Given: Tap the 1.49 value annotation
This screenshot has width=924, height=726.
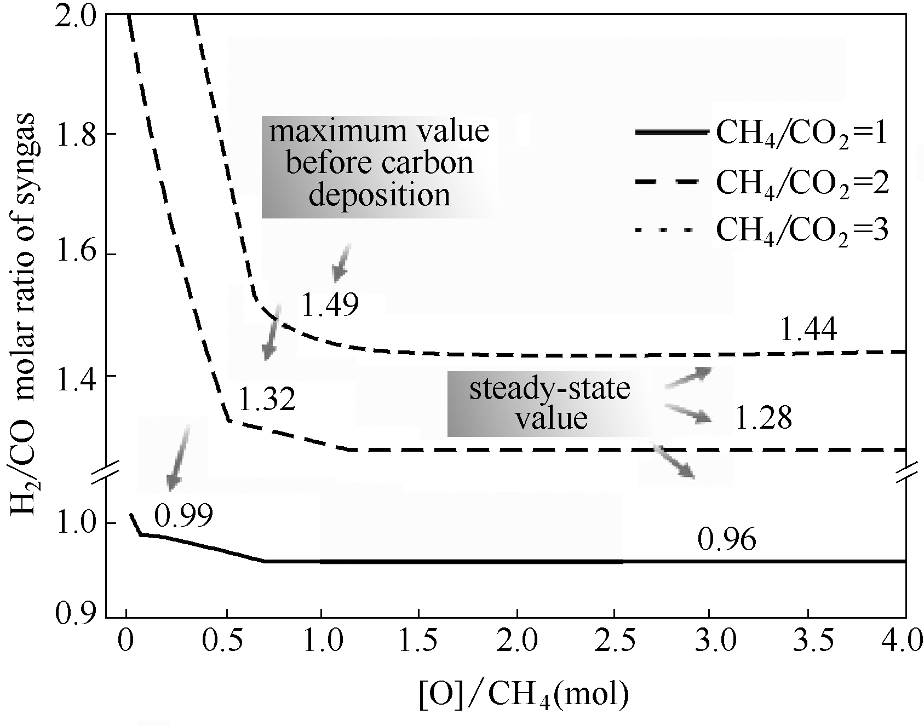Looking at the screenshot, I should tap(330, 306).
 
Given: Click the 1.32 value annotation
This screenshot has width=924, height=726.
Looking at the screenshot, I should tap(267, 400).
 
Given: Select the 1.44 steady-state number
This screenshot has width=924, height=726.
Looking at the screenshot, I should tap(808, 330).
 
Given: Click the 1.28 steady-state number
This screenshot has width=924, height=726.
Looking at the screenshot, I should tap(763, 419).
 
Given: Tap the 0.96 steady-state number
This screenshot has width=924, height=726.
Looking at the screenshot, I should tap(727, 540).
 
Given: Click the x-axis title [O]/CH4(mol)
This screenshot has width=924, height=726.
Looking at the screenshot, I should tap(523, 694).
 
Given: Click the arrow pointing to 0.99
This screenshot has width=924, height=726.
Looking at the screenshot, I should tap(179, 457).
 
